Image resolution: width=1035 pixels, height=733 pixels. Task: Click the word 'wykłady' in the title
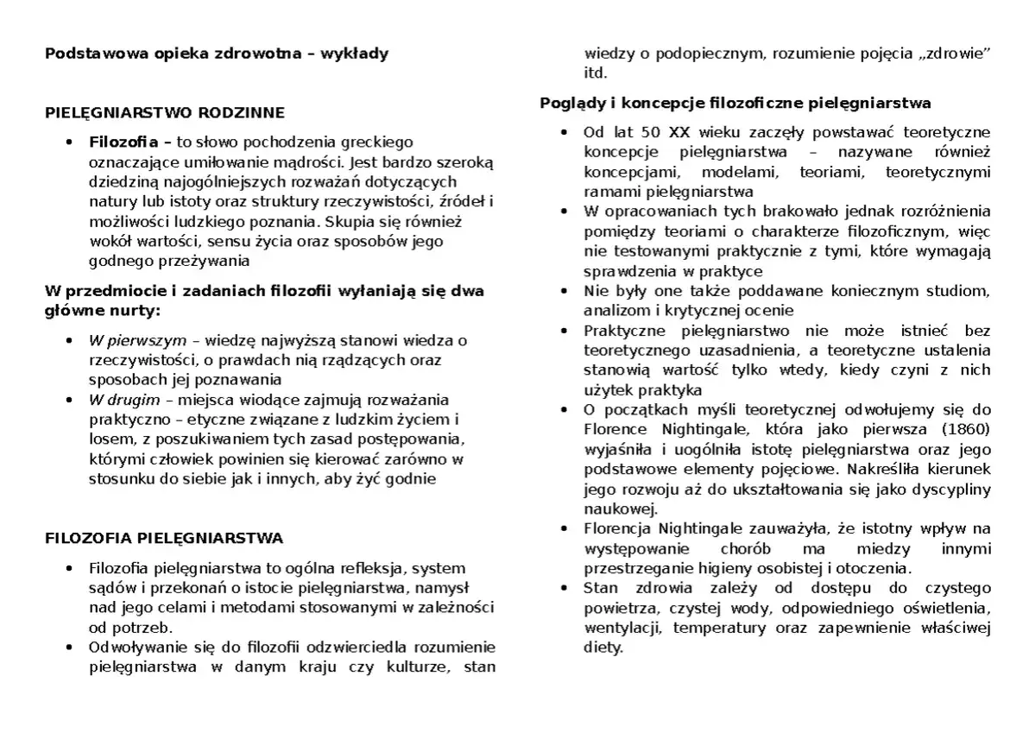pos(354,54)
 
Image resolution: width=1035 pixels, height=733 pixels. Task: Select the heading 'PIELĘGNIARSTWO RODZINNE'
pos(164,113)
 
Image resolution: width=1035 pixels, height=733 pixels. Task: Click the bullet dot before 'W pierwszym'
pos(70,341)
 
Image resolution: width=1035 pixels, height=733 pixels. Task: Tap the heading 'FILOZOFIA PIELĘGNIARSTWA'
pos(163,539)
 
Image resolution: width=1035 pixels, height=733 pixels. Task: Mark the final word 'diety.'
pos(603,647)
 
